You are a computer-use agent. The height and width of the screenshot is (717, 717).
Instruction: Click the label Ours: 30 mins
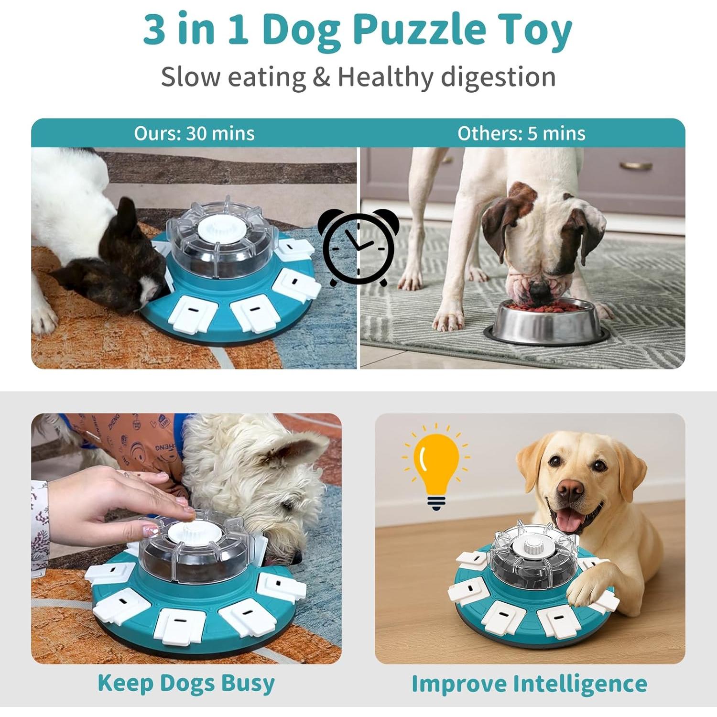pos(194,133)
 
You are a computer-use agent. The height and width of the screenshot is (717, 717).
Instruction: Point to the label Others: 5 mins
pos(521,133)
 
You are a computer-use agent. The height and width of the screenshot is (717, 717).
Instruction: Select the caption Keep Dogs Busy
pos(186,683)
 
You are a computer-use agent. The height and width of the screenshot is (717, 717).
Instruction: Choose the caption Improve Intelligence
pos(529,684)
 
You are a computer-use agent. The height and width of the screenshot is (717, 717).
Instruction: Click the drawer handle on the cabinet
pos(636,166)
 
